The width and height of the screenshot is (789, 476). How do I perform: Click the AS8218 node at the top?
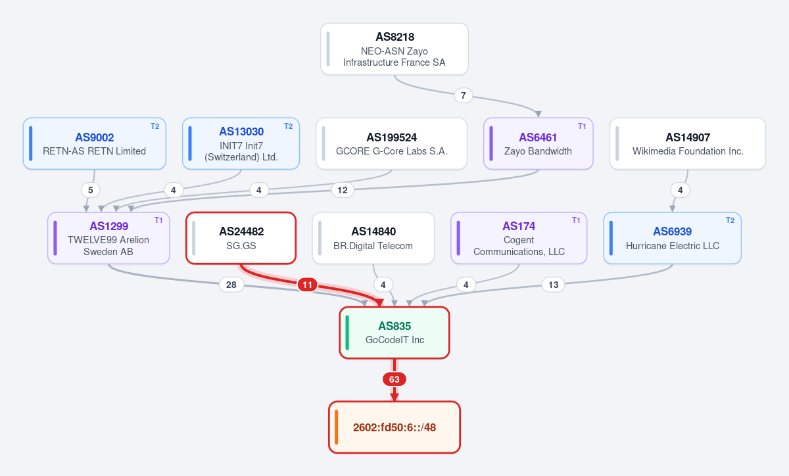tap(394, 49)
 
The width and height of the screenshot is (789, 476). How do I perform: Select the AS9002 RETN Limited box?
tap(95, 143)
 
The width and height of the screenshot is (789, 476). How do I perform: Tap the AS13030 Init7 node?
tap(241, 143)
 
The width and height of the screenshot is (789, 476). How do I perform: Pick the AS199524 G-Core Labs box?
tap(391, 143)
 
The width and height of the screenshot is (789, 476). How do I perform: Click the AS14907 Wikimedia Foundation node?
tap(688, 143)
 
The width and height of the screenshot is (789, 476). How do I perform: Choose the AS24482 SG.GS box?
tap(241, 238)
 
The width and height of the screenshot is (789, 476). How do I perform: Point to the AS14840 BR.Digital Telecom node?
tap(373, 238)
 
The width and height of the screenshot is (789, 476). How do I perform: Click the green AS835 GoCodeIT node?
tap(394, 333)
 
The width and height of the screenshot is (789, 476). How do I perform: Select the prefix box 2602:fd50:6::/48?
tap(394, 427)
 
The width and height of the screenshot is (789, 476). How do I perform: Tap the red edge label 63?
tap(394, 379)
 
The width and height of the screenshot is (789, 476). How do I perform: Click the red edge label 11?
tap(307, 285)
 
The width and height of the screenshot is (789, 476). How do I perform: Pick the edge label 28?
tap(231, 285)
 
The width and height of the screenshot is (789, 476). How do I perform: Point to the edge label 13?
tap(553, 285)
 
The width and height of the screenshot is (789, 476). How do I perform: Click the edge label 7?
tap(463, 95)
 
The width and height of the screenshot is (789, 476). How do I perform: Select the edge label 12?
tap(343, 190)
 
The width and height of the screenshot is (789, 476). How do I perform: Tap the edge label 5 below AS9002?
tap(91, 190)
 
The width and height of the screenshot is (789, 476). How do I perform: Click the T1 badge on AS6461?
tap(582, 126)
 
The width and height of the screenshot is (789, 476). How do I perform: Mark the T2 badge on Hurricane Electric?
tap(730, 220)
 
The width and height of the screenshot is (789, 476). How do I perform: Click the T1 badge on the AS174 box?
tap(576, 220)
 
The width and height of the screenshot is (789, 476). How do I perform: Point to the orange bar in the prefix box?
tap(337, 427)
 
